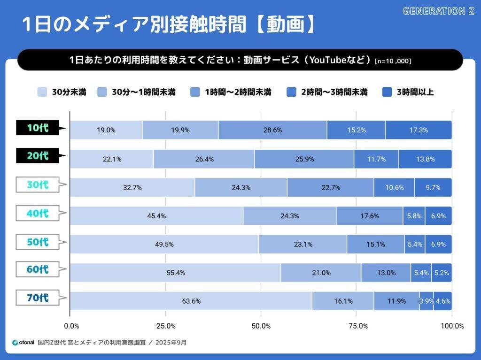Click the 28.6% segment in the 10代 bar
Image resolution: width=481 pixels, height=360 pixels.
tap(273, 130)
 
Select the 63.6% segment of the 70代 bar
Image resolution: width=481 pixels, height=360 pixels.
tap(191, 301)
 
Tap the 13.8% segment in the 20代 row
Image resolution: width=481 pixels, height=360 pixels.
tap(425, 159)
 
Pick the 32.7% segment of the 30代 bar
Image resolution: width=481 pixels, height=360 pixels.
tap(132, 187)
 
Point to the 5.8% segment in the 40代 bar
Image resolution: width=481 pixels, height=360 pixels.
tap(414, 216)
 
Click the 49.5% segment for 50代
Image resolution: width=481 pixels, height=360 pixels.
tap(164, 244)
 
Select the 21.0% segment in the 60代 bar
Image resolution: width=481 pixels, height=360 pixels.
tap(321, 273)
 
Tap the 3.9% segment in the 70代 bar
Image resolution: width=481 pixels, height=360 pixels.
tap(427, 301)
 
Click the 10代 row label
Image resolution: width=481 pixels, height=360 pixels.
tap(38, 128)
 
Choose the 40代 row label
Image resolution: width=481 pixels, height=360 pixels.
tap(38, 213)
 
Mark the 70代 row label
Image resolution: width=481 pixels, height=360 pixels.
tap(38, 298)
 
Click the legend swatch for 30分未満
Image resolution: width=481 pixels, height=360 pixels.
tap(42, 92)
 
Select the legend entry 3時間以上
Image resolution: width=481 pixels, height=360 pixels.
tap(408, 92)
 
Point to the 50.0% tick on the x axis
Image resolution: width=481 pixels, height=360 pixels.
tap(261, 326)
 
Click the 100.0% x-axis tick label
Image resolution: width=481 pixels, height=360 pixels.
tap(452, 326)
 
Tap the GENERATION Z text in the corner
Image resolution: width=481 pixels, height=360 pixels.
tap(439, 11)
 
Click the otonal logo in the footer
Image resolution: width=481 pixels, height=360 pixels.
tap(23, 343)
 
